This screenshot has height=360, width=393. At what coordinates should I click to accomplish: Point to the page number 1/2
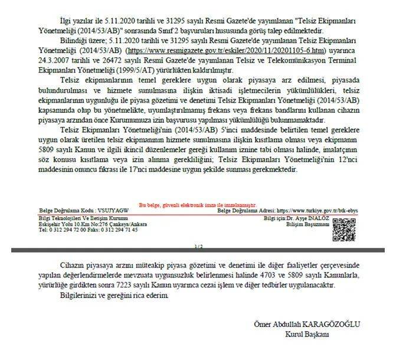pyautogui.click(x=198, y=246)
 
